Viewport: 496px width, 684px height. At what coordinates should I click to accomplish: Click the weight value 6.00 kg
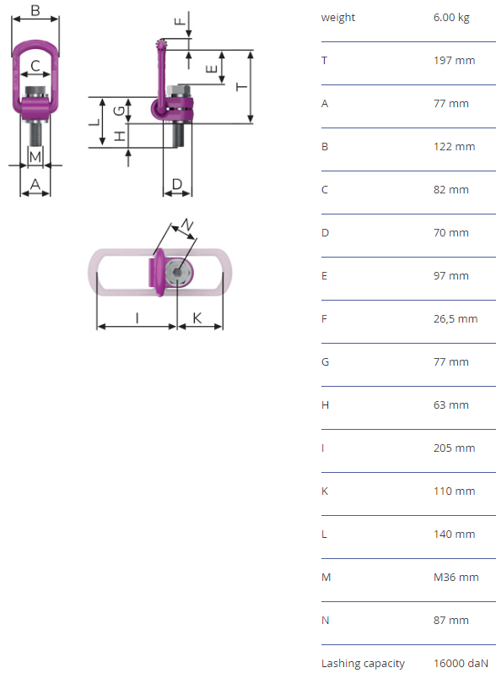tap(451, 18)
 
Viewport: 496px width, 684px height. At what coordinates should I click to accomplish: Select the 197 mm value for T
tap(454, 60)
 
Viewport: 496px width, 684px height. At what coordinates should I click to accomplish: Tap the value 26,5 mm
tap(456, 319)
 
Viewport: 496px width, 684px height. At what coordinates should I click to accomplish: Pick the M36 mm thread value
tap(456, 577)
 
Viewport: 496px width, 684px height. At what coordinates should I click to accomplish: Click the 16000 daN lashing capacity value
tap(461, 663)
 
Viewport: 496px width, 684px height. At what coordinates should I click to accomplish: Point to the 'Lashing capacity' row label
tap(363, 664)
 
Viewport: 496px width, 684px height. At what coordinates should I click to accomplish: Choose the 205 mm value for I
tap(454, 448)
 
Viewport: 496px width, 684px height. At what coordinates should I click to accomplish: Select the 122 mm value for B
tap(454, 147)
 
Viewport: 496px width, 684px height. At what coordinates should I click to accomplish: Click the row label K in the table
tap(325, 491)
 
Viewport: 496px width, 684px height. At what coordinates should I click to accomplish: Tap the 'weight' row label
tap(338, 18)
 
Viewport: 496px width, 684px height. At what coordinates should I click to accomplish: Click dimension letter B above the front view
tap(35, 9)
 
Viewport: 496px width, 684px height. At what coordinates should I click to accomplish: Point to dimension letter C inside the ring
tap(35, 66)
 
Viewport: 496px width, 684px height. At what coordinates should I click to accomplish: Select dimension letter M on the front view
tap(35, 156)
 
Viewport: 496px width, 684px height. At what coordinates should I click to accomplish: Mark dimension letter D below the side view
tap(177, 183)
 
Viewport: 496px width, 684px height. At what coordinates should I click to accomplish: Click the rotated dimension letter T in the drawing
tap(241, 87)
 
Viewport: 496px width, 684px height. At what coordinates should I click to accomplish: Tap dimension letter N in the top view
tap(187, 225)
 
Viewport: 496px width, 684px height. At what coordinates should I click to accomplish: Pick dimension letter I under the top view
tap(137, 318)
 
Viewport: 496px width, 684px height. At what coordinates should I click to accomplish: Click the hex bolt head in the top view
tap(177, 272)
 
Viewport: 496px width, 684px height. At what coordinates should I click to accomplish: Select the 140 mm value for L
tap(454, 534)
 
